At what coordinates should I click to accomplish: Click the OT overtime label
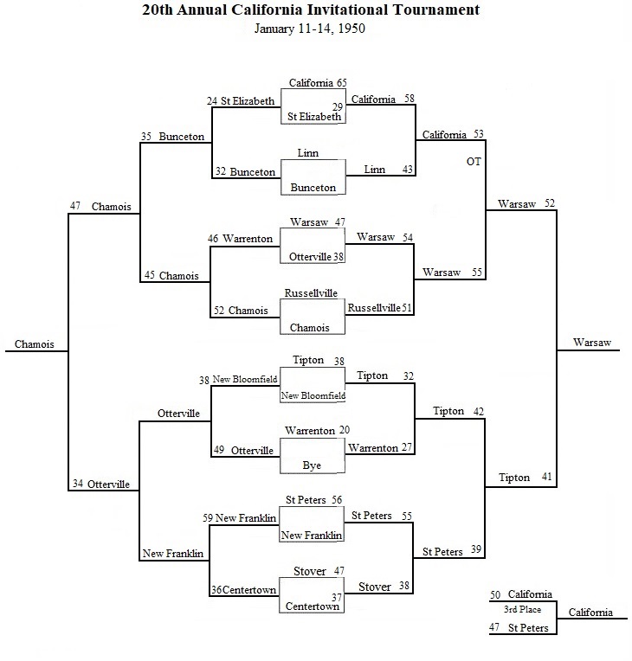pyautogui.click(x=474, y=162)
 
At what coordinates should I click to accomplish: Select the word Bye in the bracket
pyautogui.click(x=312, y=465)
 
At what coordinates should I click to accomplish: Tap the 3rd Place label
pyautogui.click(x=522, y=609)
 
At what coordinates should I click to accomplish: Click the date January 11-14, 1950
pyautogui.click(x=310, y=29)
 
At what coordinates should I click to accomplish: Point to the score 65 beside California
pyautogui.click(x=341, y=83)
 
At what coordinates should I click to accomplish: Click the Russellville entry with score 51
pyautogui.click(x=374, y=308)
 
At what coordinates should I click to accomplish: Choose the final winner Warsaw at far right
pyautogui.click(x=592, y=343)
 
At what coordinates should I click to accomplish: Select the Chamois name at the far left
pyautogui.click(x=34, y=344)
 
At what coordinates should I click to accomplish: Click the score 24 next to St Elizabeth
pyautogui.click(x=212, y=101)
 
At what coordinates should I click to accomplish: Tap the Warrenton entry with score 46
pyautogui.click(x=248, y=239)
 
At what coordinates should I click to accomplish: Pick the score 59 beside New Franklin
pyautogui.click(x=208, y=517)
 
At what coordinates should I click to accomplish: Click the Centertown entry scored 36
pyautogui.click(x=249, y=590)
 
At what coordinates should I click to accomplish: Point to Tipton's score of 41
pyautogui.click(x=546, y=477)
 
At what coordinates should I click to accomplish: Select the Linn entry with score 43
pyautogui.click(x=375, y=170)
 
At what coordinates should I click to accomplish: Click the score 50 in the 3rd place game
pyautogui.click(x=495, y=594)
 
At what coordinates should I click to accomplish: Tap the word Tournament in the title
pyautogui.click(x=436, y=10)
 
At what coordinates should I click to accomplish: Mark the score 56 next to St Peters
pyautogui.click(x=337, y=500)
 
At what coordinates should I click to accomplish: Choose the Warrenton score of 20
pyautogui.click(x=345, y=430)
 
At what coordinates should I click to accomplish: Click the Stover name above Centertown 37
pyautogui.click(x=310, y=572)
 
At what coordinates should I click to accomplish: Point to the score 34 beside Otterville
pyautogui.click(x=78, y=484)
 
